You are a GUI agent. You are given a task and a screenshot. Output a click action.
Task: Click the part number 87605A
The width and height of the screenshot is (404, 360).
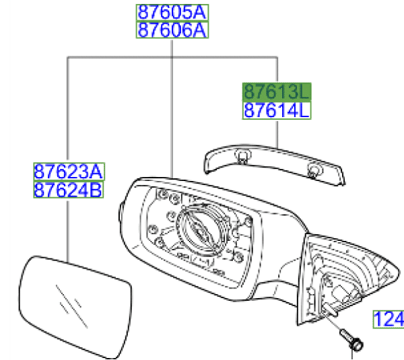point(173,12)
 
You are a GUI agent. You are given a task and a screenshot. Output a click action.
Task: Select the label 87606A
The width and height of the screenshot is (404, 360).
point(173,30)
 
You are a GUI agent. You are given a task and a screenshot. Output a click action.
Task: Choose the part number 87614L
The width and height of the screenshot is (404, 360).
point(277,110)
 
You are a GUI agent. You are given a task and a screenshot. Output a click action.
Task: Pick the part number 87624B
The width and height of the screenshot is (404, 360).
point(69,190)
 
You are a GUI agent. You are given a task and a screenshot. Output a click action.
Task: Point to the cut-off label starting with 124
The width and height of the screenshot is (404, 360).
point(389,319)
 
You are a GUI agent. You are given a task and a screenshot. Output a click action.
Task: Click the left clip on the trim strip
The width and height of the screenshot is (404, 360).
point(241,158)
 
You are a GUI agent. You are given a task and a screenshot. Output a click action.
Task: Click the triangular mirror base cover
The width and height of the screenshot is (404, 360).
point(343,276)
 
